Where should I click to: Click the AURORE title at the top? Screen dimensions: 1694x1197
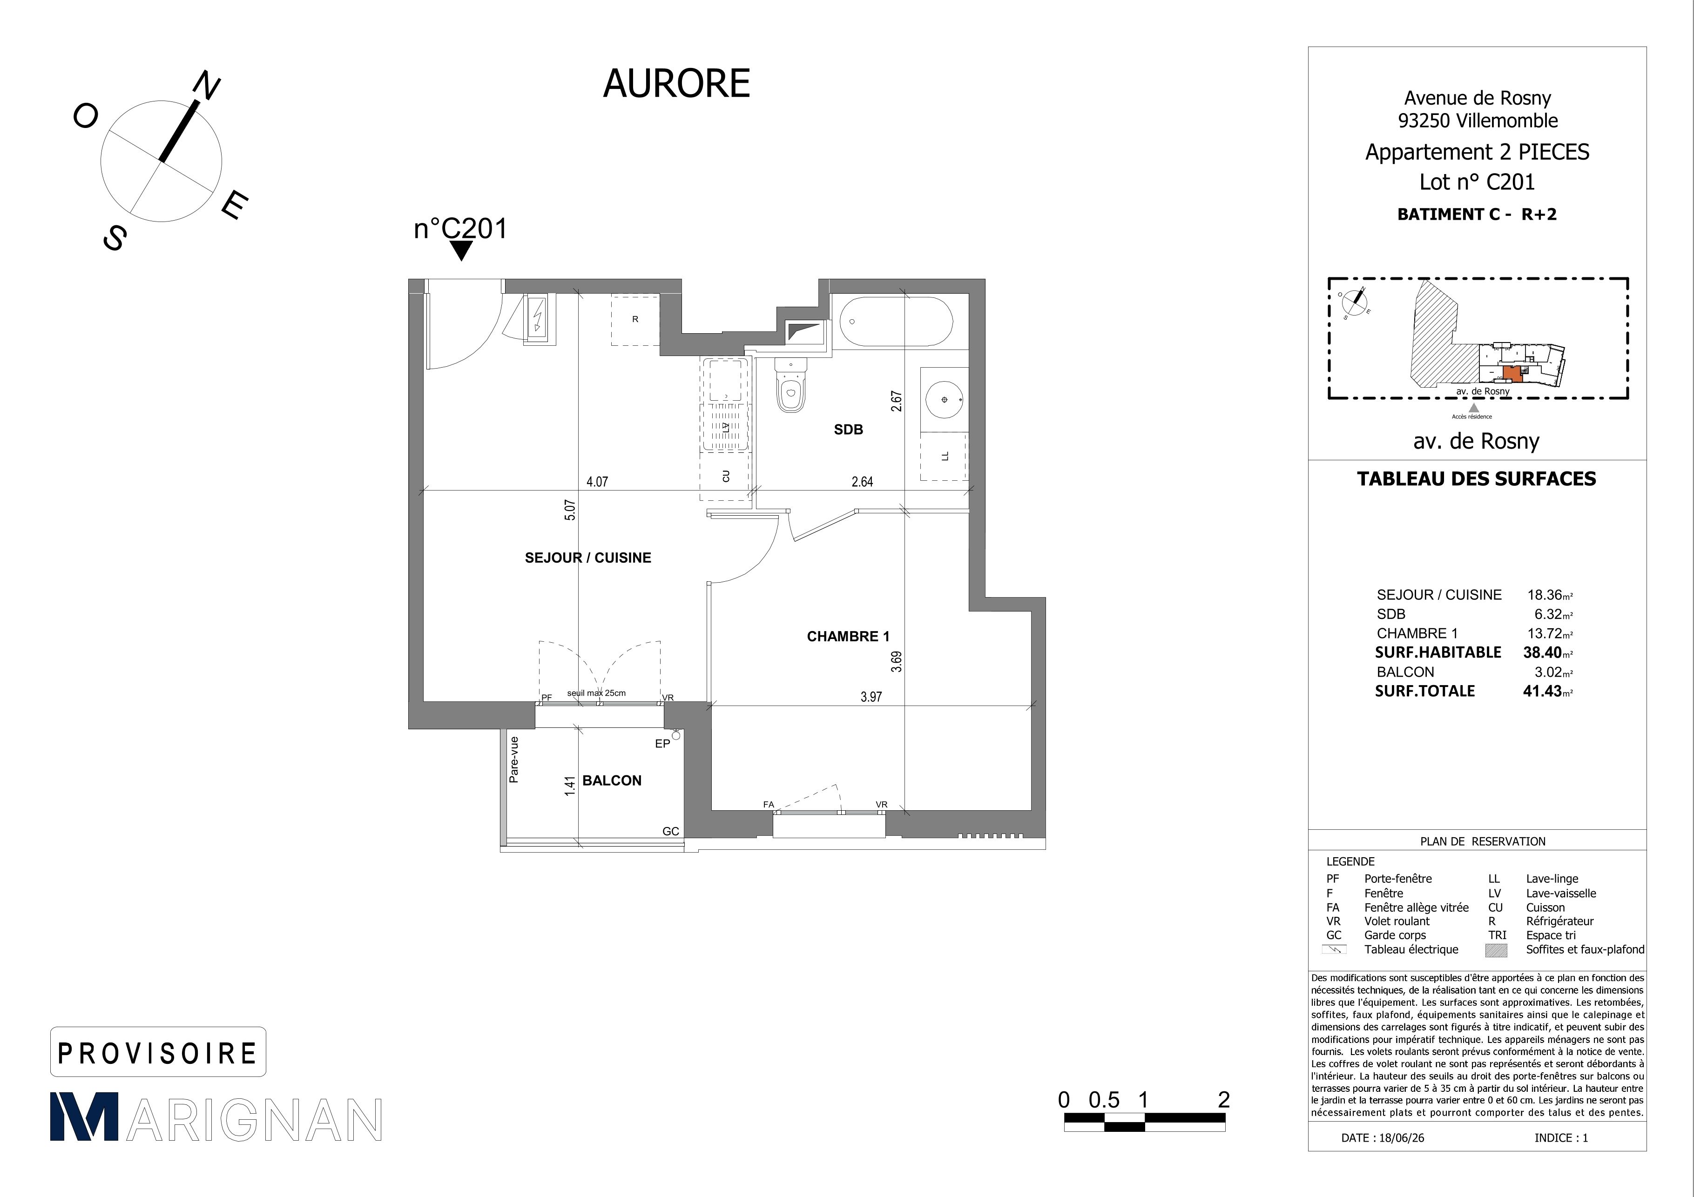[676, 83]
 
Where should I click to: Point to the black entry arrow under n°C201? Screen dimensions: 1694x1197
[461, 251]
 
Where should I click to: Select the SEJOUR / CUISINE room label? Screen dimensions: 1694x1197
[588, 558]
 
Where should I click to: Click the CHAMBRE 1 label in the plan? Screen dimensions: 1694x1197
[848, 637]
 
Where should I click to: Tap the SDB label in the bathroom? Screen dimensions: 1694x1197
[849, 429]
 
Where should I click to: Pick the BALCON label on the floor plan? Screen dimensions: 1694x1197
[612, 780]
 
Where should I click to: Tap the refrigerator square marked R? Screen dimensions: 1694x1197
[634, 320]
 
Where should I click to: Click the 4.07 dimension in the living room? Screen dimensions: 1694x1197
[597, 482]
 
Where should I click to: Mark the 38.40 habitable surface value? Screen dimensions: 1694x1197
[1543, 652]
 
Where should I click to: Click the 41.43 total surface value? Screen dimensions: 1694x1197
[1543, 691]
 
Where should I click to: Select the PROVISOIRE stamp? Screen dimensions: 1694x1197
[158, 1052]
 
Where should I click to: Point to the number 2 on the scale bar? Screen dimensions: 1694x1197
[1224, 1100]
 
